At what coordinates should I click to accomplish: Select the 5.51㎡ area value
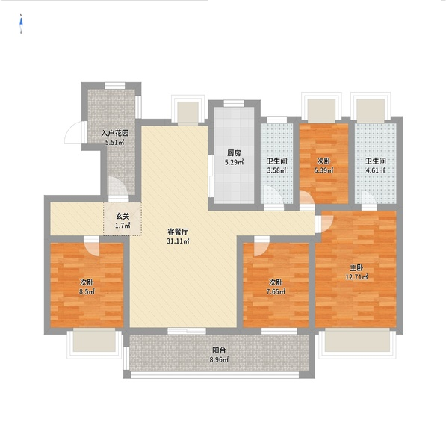tap(115, 143)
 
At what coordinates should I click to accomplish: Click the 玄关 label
tap(123, 217)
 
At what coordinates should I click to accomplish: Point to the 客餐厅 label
tap(178, 232)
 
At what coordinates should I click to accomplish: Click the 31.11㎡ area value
tap(178, 241)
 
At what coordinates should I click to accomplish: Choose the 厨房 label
tap(234, 153)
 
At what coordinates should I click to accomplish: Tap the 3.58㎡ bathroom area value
tap(276, 170)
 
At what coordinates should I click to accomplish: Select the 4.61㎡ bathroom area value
tap(376, 170)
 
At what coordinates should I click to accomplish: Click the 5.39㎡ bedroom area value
tap(323, 170)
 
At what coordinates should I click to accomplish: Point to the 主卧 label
tap(356, 267)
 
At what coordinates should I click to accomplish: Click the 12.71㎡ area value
tap(356, 277)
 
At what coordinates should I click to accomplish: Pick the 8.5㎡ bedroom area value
tap(87, 292)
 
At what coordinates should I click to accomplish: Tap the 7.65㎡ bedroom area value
tap(276, 292)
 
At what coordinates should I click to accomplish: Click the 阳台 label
tap(219, 350)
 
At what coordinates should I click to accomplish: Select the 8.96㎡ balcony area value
tap(219, 359)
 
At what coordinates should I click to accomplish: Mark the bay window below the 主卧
tap(358, 344)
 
